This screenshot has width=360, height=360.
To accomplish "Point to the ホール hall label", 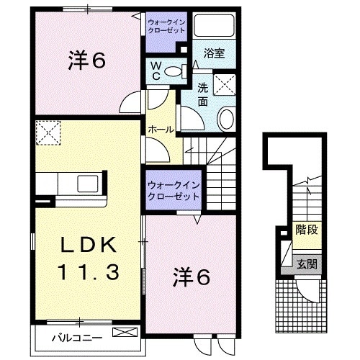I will click(159, 129).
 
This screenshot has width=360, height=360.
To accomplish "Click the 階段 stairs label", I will click(307, 230).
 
